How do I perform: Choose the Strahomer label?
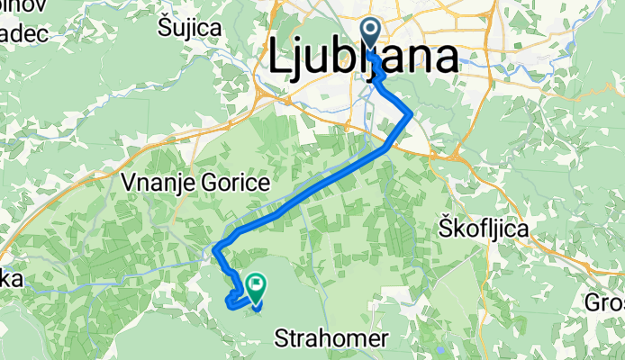pos(331,339)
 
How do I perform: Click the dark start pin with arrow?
pos(372,39)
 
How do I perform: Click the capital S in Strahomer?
pos(279,339)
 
